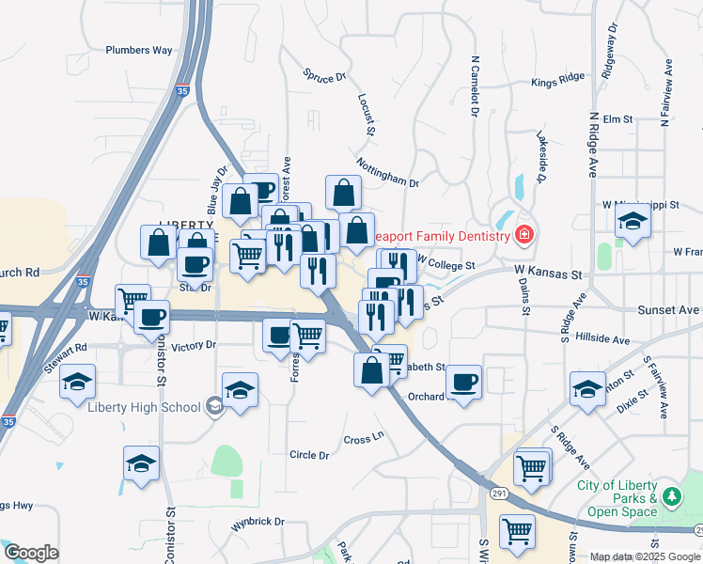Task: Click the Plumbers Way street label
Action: click(139, 50)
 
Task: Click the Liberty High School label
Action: click(144, 407)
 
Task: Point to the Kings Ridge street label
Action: click(557, 83)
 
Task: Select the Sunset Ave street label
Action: click(668, 309)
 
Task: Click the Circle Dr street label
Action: click(309, 455)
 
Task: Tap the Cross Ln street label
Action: click(364, 438)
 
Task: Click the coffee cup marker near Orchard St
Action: click(463, 382)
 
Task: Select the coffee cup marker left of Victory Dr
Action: click(151, 317)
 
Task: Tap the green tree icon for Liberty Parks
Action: click(671, 495)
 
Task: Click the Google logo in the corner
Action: click(31, 553)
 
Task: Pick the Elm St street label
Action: click(616, 119)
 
